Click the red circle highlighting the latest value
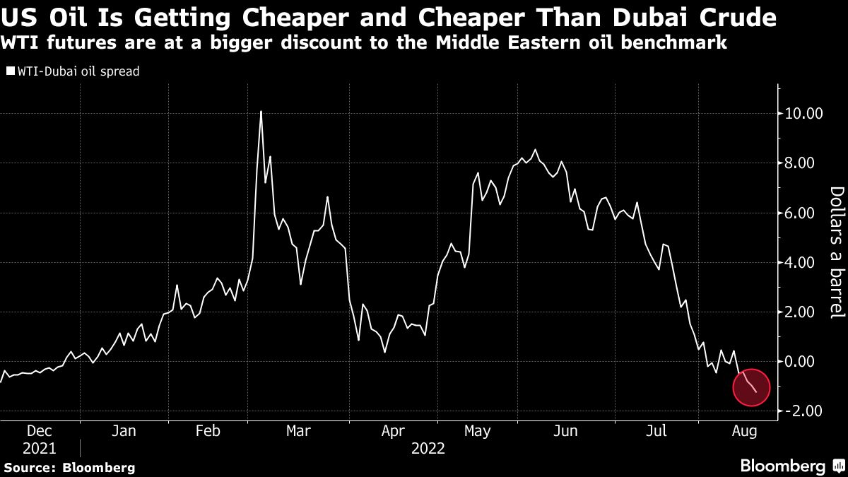[751, 387]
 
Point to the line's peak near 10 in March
[261, 112]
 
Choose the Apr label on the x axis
[392, 430]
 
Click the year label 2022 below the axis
[428, 449]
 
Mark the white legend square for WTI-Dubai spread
[10, 71]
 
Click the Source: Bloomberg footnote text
[69, 467]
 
